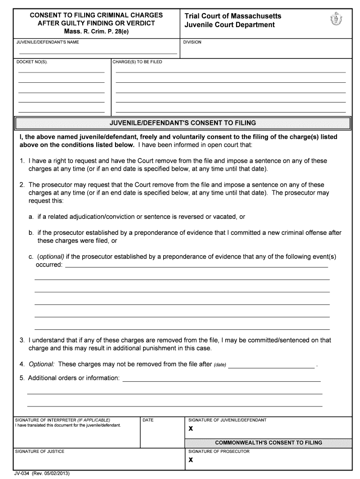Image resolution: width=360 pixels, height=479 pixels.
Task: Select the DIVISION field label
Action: click(192, 42)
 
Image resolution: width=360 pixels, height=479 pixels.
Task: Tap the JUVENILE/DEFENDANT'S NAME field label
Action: click(48, 42)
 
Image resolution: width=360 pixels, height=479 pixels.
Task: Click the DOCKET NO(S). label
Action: click(32, 62)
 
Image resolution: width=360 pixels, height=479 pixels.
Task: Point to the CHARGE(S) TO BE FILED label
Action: click(137, 62)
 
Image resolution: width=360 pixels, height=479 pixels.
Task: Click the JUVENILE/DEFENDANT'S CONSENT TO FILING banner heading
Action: click(182, 123)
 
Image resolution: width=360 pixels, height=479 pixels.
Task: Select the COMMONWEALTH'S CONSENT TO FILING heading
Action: click(268, 443)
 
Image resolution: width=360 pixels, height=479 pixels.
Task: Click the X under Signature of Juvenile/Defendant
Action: click(191, 429)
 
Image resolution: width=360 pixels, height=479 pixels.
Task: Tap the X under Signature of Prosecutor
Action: click(191, 460)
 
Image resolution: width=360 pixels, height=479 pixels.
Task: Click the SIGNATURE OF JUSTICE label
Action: click(40, 451)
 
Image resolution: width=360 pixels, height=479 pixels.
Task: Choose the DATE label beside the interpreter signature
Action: click(148, 420)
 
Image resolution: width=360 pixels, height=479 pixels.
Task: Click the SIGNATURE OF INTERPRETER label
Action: click(63, 420)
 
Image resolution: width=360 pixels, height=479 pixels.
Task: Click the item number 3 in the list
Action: click(22, 340)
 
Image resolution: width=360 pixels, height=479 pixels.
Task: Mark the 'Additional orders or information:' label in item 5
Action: click(73, 377)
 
